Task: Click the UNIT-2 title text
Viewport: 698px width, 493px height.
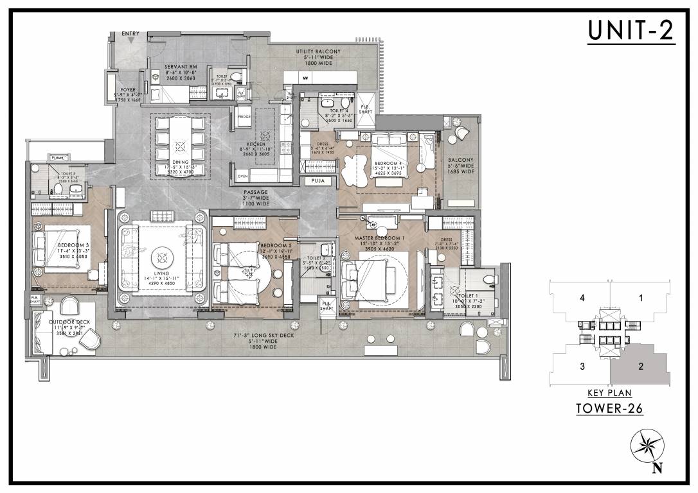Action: [x=631, y=31]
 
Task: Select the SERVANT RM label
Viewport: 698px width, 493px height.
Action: [x=175, y=66]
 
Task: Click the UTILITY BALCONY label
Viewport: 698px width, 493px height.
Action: [x=318, y=51]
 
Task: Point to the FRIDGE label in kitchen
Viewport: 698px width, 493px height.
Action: [x=244, y=117]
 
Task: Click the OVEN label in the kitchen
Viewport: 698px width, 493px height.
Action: [x=243, y=176]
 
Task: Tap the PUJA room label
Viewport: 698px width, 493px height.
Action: [x=318, y=182]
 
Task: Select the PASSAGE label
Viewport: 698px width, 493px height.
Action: [x=256, y=192]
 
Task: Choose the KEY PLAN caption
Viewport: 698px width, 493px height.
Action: [x=607, y=393]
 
